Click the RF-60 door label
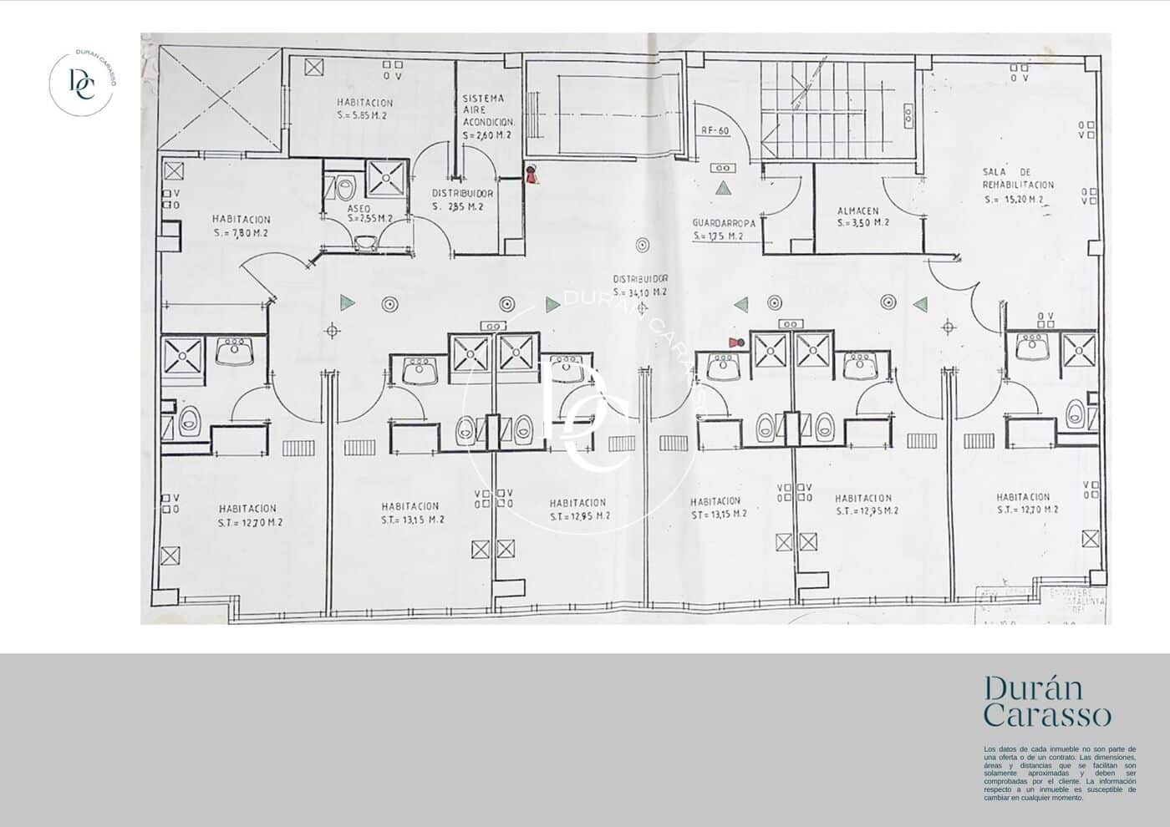coord(715,130)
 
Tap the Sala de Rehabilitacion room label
coord(1018,179)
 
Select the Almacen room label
coord(857,211)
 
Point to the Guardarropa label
coord(724,224)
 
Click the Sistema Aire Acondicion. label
coord(487,116)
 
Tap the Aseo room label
coord(359,208)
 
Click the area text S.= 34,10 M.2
coord(639,292)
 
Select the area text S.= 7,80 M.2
coord(241,233)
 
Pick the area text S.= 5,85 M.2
coord(365,115)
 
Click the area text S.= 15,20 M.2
coord(1014,200)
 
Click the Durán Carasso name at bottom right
coord(1047,702)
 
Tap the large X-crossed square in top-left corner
coord(221,99)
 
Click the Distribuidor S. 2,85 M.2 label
coord(462,200)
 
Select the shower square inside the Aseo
coord(385,177)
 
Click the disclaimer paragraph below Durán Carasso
coord(1060,774)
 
